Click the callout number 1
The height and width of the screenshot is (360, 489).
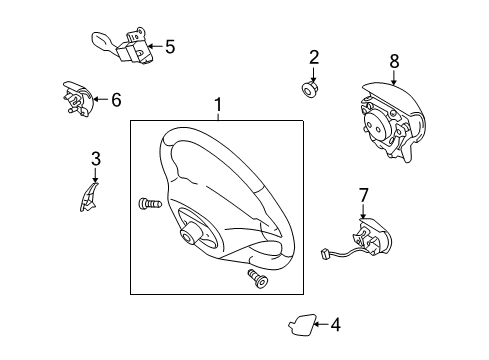click(217, 104)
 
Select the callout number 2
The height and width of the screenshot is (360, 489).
click(314, 58)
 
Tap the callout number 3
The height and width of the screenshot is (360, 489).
click(96, 158)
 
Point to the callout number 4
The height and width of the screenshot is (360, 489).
click(335, 324)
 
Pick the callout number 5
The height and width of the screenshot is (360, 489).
click(170, 46)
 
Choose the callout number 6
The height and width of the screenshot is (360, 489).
click(116, 99)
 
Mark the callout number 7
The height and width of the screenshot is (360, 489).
click(363, 194)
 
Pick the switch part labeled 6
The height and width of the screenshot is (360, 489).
click(75, 100)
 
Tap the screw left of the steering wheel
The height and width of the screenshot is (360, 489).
click(148, 205)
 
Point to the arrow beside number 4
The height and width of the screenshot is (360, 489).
click(320, 324)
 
